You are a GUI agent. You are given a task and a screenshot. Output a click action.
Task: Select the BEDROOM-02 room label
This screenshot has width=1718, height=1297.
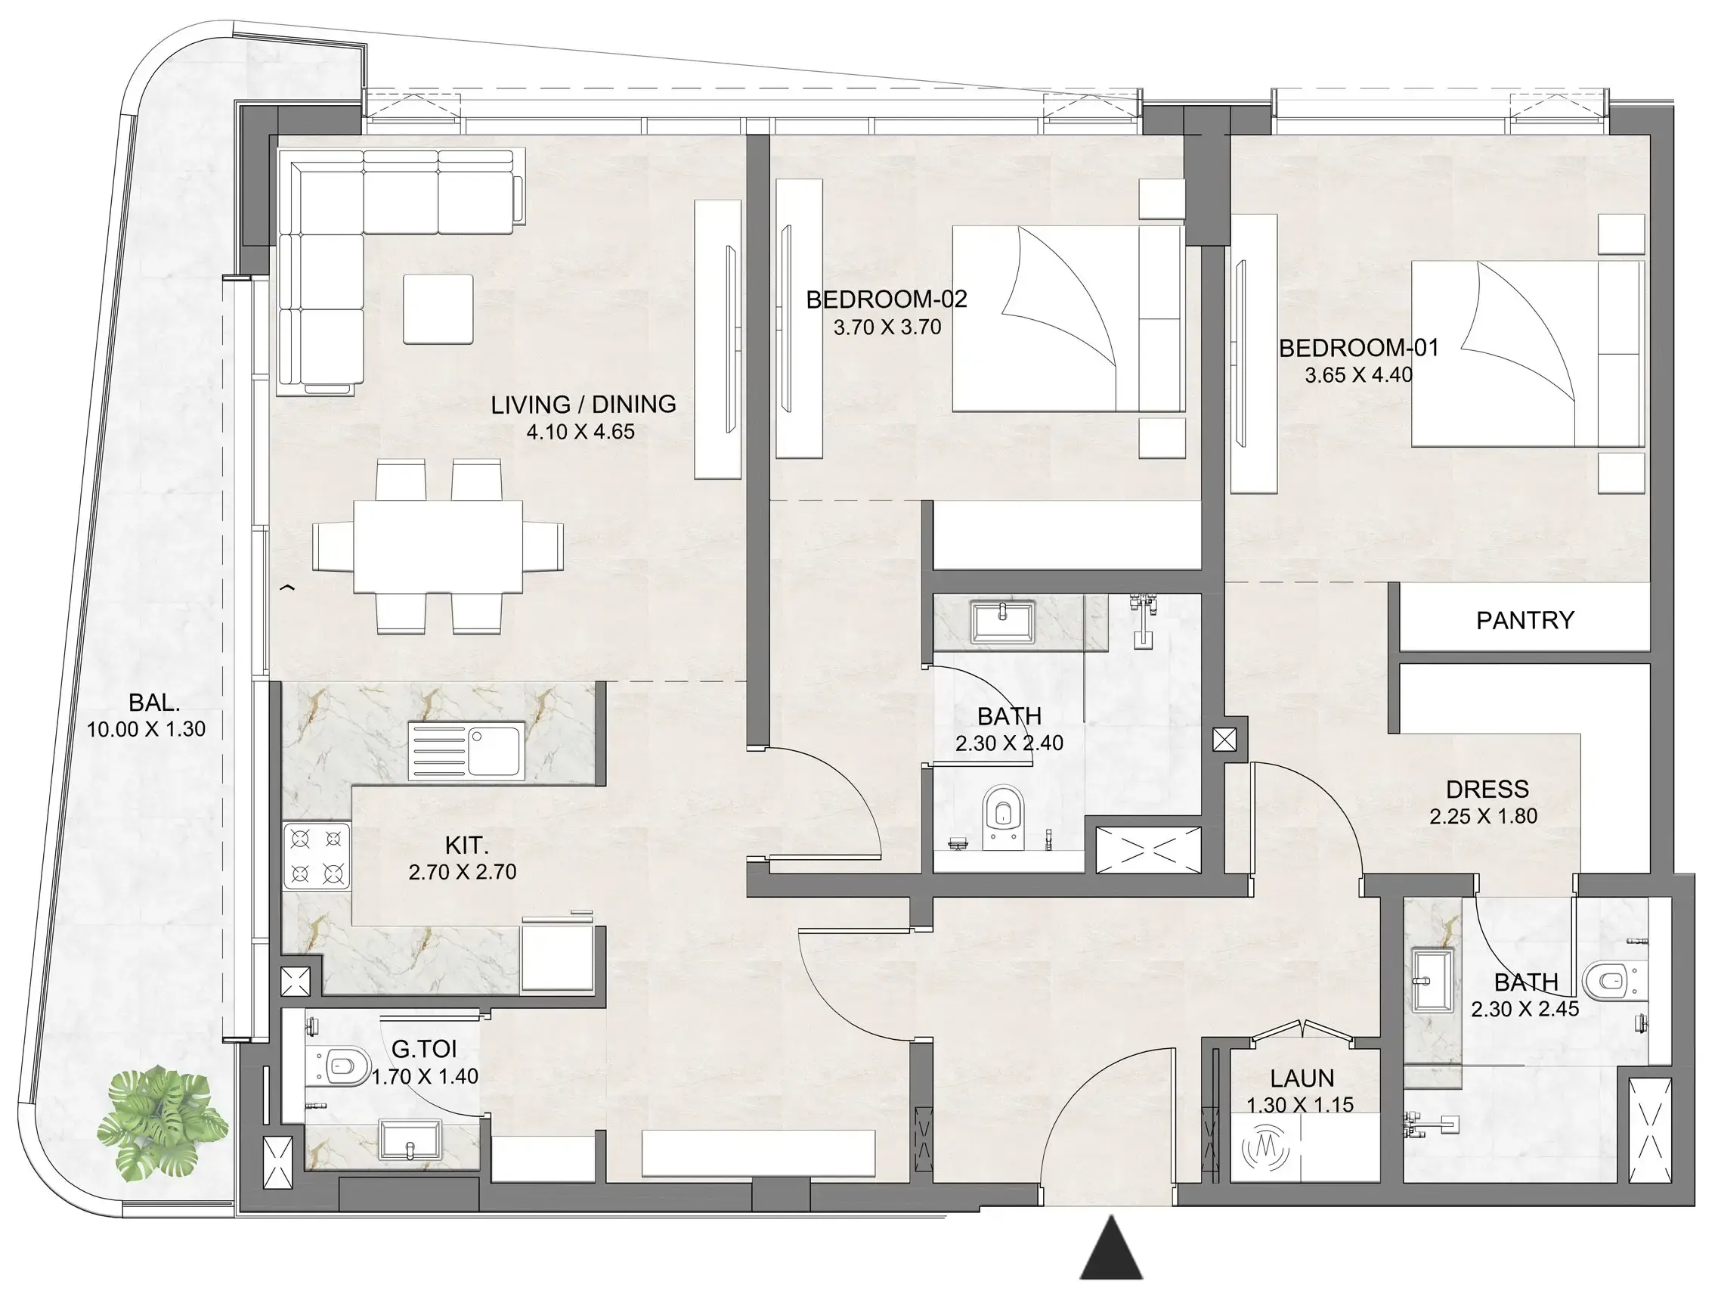click(886, 300)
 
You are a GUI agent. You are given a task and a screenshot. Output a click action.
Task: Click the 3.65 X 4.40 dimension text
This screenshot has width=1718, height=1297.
click(1358, 375)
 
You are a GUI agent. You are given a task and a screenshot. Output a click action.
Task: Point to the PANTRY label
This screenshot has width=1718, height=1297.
click(1525, 620)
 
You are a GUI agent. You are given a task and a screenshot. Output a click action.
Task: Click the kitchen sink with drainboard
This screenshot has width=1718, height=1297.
click(466, 752)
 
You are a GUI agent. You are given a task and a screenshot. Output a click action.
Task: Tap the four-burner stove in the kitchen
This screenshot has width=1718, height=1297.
click(317, 855)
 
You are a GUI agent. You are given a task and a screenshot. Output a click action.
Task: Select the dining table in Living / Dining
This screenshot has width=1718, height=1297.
click(438, 546)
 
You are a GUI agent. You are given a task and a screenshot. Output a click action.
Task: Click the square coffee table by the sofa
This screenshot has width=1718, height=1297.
click(438, 309)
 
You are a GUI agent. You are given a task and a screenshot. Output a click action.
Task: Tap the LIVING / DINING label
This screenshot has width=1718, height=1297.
click(584, 404)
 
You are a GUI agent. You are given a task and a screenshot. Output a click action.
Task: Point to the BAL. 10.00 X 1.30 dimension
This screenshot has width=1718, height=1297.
click(146, 730)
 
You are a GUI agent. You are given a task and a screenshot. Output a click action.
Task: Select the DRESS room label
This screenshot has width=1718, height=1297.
click(1487, 790)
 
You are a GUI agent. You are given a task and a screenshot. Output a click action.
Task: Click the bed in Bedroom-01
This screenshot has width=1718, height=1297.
click(1526, 354)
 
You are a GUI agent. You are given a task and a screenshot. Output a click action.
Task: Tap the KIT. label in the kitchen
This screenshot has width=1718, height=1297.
click(466, 846)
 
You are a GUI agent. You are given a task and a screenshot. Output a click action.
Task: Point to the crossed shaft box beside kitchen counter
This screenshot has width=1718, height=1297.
click(295, 982)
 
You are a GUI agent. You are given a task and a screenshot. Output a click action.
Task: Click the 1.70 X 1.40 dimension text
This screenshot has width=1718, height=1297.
click(424, 1077)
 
